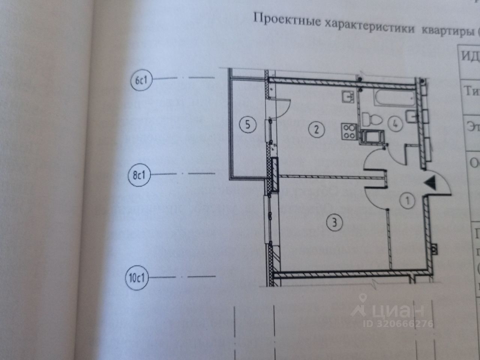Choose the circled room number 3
tap(334, 223)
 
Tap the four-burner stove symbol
tap(349, 131)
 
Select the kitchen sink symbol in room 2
tap(348, 97)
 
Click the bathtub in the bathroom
tap(393, 98)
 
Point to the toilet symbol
tap(371, 120)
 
